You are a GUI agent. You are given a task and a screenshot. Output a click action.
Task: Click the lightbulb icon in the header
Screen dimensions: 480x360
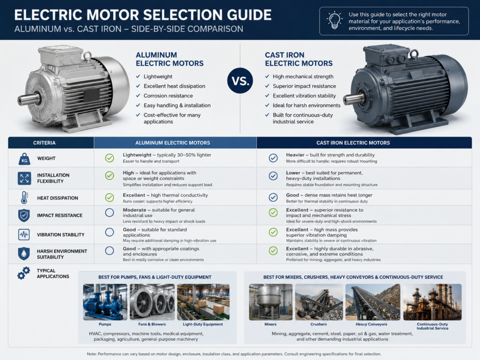tap(335, 20)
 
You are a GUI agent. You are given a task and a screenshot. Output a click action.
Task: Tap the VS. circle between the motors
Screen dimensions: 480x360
tap(240, 81)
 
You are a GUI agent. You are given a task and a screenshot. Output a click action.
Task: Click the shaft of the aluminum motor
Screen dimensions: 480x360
tap(29, 99)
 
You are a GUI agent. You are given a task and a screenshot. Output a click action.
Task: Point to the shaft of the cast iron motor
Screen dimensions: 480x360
tap(354, 99)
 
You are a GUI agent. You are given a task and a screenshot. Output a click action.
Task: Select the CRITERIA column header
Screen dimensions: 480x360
tap(45, 142)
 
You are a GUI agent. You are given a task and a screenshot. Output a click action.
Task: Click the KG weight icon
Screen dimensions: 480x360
tap(24, 159)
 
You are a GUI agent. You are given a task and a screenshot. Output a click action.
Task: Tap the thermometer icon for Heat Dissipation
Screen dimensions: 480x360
tap(24, 198)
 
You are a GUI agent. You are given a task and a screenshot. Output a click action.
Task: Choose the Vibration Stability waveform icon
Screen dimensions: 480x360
tap(24, 234)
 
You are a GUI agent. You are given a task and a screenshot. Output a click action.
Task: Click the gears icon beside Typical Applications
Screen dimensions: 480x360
tap(23, 273)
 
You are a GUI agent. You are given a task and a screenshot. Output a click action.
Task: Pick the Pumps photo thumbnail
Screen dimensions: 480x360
tap(105, 302)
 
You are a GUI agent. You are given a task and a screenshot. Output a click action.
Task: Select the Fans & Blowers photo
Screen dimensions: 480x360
tap(152, 302)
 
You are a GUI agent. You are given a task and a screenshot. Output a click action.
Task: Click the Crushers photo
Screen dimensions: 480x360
tap(319, 302)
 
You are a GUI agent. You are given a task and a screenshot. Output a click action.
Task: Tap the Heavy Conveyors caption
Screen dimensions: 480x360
tap(371, 324)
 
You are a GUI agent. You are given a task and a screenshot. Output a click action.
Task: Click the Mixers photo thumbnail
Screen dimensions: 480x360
tap(270, 302)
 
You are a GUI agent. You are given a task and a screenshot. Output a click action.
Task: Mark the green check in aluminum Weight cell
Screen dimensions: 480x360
tap(110, 158)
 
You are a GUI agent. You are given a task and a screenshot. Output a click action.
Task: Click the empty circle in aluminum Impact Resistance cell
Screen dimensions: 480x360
tap(110, 213)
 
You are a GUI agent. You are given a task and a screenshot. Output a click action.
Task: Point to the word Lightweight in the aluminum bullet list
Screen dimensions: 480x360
tap(158, 76)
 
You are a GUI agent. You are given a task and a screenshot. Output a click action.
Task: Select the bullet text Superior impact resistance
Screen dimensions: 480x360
tap(304, 86)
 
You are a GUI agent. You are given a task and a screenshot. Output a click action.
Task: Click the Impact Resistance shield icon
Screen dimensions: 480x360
tap(24, 216)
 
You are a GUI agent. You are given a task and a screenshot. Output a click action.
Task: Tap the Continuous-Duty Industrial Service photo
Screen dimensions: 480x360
tap(432, 302)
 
